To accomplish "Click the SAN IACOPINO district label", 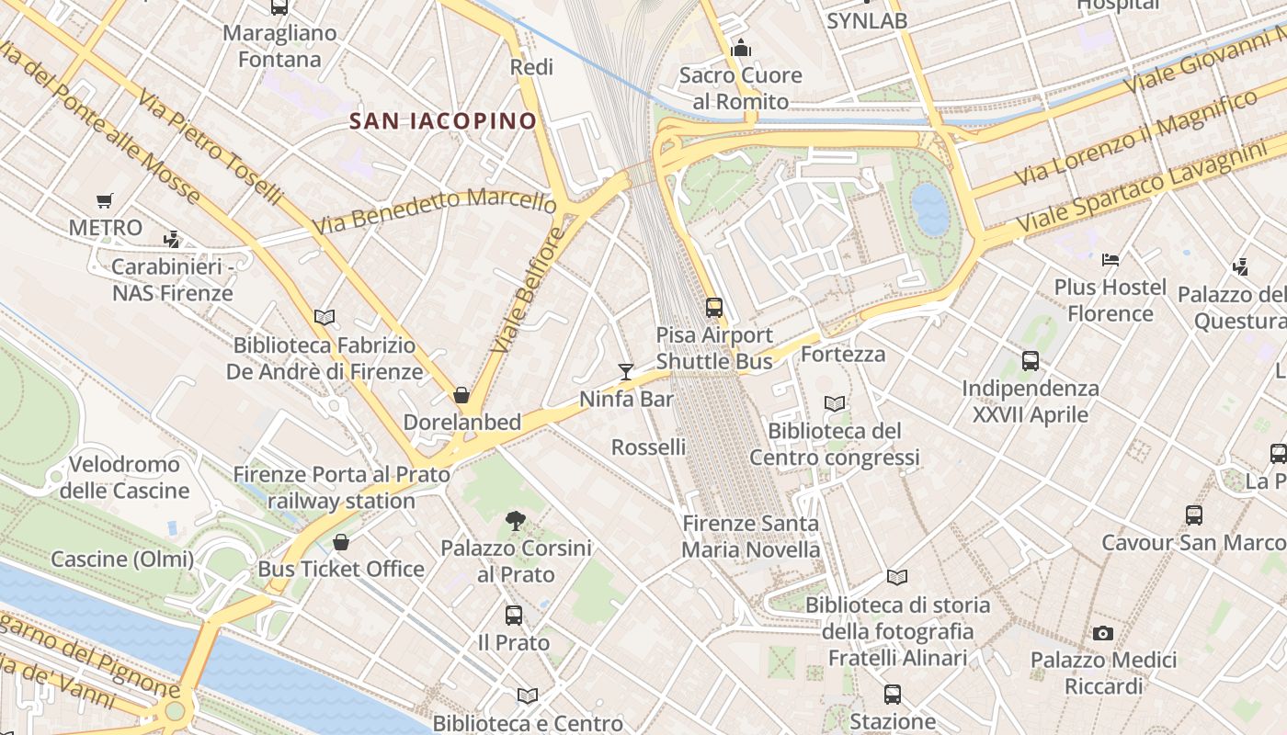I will tap(443, 120).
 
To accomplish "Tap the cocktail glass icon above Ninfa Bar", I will tap(626, 371).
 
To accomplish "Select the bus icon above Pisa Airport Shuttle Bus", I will tap(714, 307).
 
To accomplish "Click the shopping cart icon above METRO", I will tap(105, 200).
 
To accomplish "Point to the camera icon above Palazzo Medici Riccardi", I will tap(1103, 633).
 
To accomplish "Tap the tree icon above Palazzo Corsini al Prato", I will tap(516, 521).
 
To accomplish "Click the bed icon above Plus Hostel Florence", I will tap(1110, 260).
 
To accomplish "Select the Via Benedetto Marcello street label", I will tap(434, 210).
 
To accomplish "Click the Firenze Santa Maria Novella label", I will tap(751, 537).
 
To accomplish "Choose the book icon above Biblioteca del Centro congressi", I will tap(835, 403).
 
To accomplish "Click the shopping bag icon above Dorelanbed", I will tap(461, 395).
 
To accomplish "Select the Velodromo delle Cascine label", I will tap(125, 477).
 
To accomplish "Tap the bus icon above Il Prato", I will tap(514, 616).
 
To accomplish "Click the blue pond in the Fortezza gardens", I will tap(930, 208).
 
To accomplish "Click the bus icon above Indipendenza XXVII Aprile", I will tap(1031, 361).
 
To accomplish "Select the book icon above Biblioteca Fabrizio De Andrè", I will tap(324, 317).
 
